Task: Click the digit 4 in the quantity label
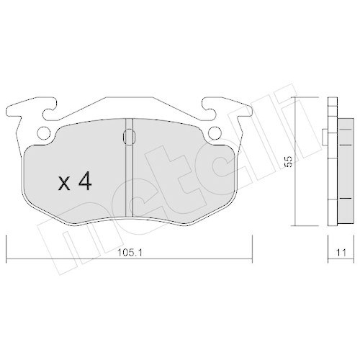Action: pyautogui.click(x=84, y=182)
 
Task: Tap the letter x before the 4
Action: pyautogui.click(x=65, y=184)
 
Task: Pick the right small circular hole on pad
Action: pyautogui.click(x=215, y=132)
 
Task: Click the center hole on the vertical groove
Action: pyautogui.click(x=129, y=136)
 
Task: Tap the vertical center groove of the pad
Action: pyautogui.click(x=129, y=173)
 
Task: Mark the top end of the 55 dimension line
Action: pyautogui.click(x=298, y=98)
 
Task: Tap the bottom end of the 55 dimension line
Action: pyautogui.click(x=298, y=224)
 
